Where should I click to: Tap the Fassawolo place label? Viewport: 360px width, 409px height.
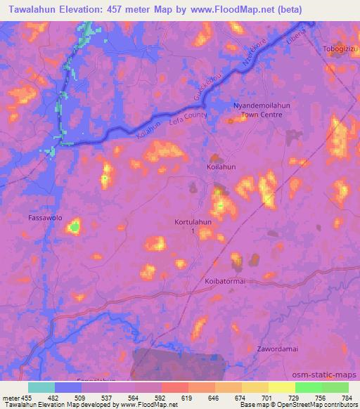44,218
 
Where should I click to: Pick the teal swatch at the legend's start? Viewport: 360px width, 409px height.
41,387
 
